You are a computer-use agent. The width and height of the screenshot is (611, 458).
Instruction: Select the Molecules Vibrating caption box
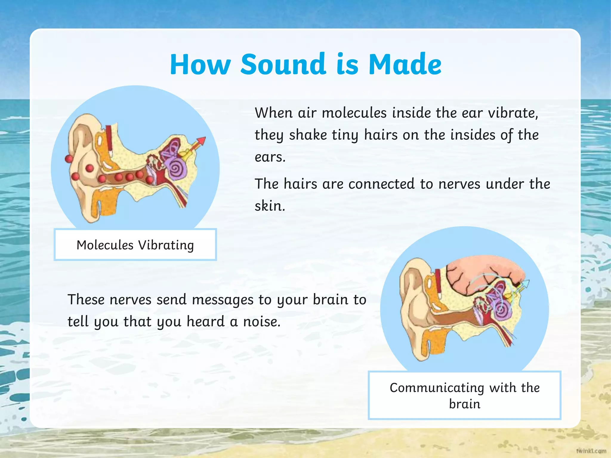pyautogui.click(x=135, y=245)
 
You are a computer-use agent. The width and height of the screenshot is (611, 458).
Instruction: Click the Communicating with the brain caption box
pyautogui.click(x=465, y=395)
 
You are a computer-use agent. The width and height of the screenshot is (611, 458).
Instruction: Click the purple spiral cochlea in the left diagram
pyautogui.click(x=177, y=169)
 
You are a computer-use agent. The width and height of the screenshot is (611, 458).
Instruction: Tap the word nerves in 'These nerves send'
pyautogui.click(x=130, y=300)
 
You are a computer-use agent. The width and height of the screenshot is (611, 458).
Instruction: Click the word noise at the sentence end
pyautogui.click(x=261, y=322)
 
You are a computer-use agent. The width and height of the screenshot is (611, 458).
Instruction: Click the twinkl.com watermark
pyautogui.click(x=591, y=451)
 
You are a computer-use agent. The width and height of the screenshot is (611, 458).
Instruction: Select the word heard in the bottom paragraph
pyautogui.click(x=205, y=322)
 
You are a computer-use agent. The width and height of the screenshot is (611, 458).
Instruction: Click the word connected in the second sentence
pyautogui.click(x=381, y=184)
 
